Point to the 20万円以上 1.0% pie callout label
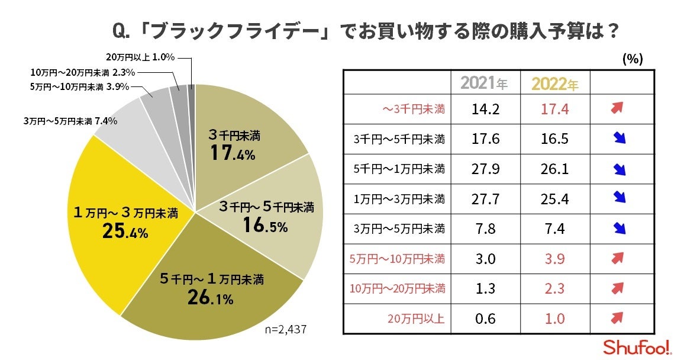141,58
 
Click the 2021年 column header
484,83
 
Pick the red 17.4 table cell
555,110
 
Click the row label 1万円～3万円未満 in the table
398,200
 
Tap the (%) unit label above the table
633,59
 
